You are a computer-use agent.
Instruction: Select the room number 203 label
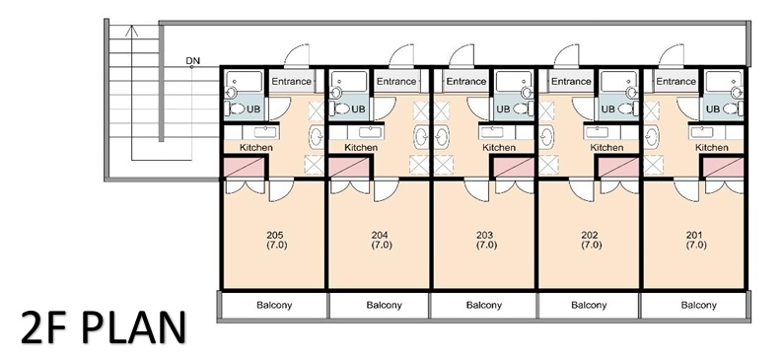(485, 235)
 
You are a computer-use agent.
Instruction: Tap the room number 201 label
(694, 235)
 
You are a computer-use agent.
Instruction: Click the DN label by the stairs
(192, 61)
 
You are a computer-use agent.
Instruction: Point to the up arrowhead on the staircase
(131, 30)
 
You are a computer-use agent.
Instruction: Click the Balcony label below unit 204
(384, 305)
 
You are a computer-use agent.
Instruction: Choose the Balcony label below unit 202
(589, 305)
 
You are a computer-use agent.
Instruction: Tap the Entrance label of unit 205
(291, 82)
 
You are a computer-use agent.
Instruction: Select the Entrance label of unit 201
(676, 82)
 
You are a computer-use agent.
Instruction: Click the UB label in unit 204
(359, 108)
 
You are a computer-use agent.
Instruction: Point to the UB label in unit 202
(607, 108)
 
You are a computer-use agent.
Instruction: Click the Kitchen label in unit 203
(499, 147)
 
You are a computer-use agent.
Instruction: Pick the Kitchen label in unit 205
(256, 147)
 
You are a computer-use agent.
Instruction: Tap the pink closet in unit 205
(244, 168)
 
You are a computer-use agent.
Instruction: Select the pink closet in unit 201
(724, 168)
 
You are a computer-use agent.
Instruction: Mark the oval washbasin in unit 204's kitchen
(421, 137)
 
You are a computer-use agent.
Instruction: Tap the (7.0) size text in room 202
(591, 246)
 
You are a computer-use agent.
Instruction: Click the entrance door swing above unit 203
(462, 55)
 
